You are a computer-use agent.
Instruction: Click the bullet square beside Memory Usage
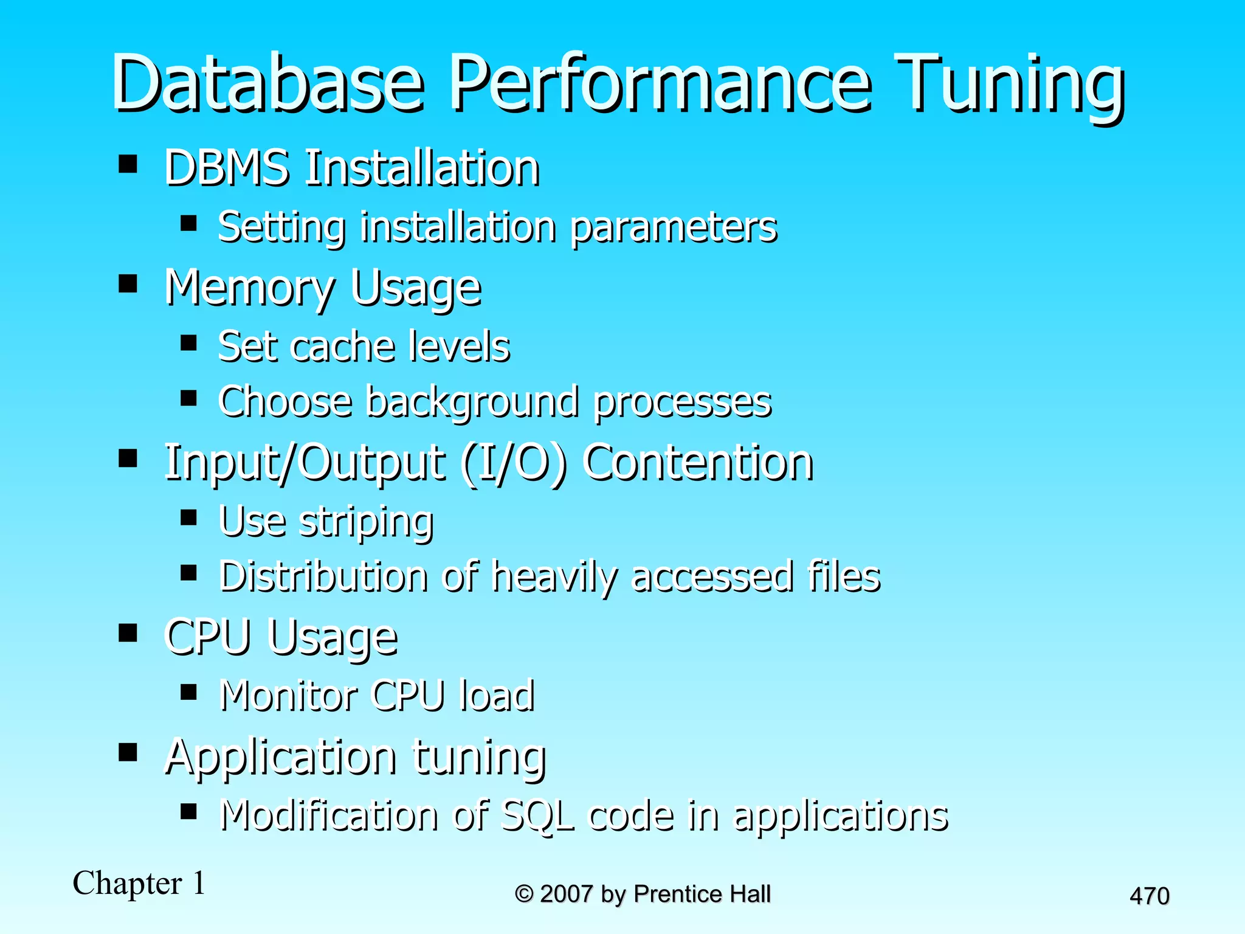tap(128, 283)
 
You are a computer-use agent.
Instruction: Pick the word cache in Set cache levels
tap(343, 346)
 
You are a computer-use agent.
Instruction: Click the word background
tap(471, 403)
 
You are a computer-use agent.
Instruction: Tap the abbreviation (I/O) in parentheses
tap(514, 463)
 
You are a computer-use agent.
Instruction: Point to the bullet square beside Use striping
tap(188, 517)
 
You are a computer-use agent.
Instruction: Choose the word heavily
tap(556, 577)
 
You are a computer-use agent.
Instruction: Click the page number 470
tap(1149, 896)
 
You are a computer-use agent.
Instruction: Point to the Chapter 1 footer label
tap(139, 883)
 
